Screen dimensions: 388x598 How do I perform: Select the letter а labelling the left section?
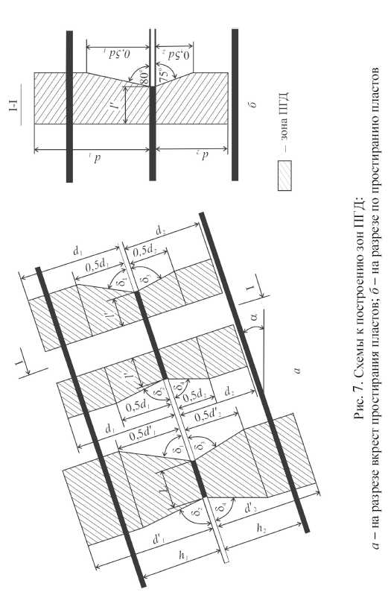pyautogui.click(x=297, y=370)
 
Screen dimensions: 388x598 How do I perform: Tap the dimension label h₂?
pyautogui.click(x=261, y=528)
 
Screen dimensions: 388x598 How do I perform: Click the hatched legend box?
pyautogui.click(x=284, y=175)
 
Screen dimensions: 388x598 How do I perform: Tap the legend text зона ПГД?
pyautogui.click(x=285, y=122)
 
